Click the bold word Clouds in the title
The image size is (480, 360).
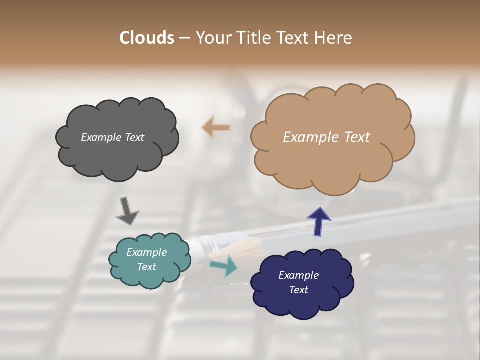[x=147, y=38]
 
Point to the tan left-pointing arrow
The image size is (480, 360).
[x=216, y=127]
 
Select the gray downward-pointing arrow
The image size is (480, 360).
[x=127, y=211]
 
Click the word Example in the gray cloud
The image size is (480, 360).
[x=100, y=137]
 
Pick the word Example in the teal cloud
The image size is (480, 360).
[x=146, y=252]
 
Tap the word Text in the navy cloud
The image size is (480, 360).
[x=298, y=290]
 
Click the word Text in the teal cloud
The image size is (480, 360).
[x=146, y=267]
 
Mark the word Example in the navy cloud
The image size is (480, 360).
[x=298, y=275]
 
